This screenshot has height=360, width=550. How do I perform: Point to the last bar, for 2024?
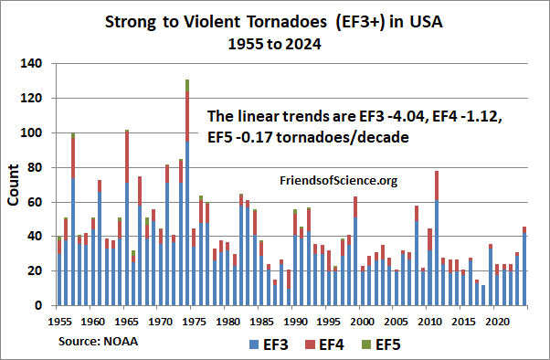[524, 266]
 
